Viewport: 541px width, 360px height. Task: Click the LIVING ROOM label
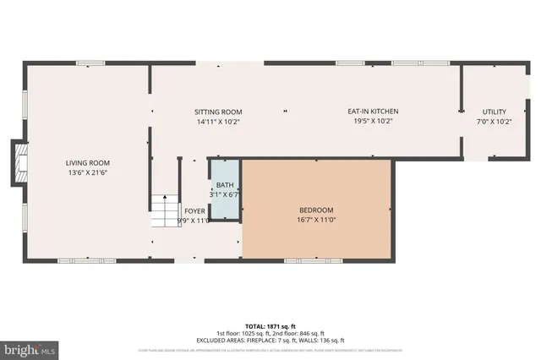[88, 163]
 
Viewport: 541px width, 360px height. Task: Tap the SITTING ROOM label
[218, 112]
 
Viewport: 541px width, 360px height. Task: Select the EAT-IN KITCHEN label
[373, 112]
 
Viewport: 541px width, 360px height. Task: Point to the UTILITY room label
[495, 112]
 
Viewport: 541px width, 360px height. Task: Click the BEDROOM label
[316, 210]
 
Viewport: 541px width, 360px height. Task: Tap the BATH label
[225, 185]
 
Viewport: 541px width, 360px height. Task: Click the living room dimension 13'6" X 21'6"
[88, 172]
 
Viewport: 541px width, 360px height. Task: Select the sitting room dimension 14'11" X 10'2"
[218, 121]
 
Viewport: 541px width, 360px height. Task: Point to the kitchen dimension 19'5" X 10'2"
[373, 121]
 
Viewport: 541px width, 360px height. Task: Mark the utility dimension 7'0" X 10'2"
[495, 121]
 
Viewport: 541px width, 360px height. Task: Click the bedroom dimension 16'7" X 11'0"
[316, 220]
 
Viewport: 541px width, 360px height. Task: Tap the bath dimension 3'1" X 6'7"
[225, 194]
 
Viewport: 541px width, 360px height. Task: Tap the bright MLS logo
[29, 347]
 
